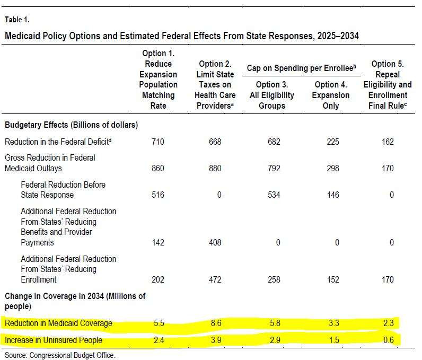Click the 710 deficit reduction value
pos(157,142)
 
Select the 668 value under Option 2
pos(215,142)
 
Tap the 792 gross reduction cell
pos(274,168)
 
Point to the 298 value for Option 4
pos(333,168)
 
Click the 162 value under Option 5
pos(388,142)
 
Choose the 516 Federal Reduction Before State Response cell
pos(157,195)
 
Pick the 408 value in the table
pos(215,242)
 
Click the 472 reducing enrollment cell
pos(215,279)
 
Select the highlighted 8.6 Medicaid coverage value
pos(216,323)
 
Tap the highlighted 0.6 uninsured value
pos(389,340)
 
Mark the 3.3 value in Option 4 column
pos(334,323)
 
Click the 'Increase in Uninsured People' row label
pos(54,340)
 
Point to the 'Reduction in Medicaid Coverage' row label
pos(58,323)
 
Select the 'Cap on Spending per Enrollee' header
pos(302,68)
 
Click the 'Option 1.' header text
pos(158,53)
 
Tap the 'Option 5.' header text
pos(388,64)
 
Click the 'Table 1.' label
pos(17,20)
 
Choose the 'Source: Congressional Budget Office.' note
pos(60,355)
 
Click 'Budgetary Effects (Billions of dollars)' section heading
pos(72,125)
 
